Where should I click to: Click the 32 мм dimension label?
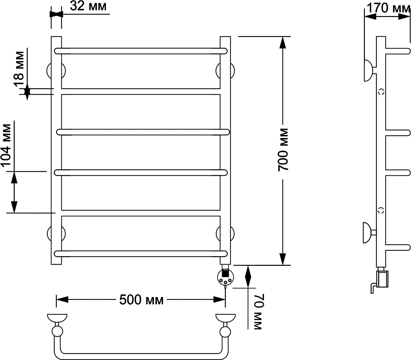tap(88, 6)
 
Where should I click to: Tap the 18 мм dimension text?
tap(19, 69)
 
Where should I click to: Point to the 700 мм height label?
tap(283, 150)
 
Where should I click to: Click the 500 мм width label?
tap(141, 300)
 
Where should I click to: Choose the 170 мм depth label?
tap(388, 8)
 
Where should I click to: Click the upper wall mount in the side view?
tap(368, 70)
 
